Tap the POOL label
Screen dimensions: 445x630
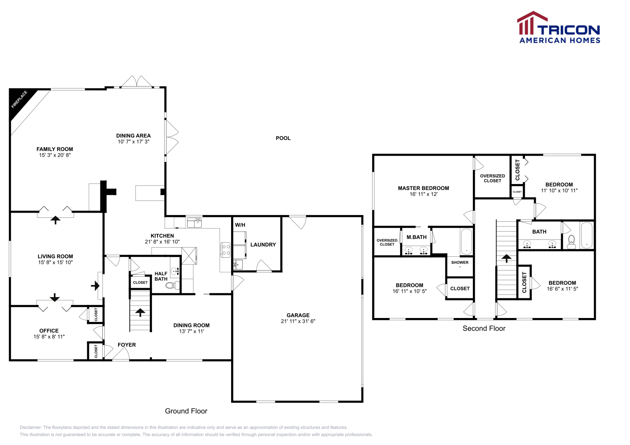[283, 138]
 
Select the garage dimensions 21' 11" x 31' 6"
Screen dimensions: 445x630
[298, 321]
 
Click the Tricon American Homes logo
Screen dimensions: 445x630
[559, 28]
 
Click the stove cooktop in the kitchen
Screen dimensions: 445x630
[226, 250]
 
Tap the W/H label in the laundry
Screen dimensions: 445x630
[240, 225]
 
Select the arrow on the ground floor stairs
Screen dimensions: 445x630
[140, 312]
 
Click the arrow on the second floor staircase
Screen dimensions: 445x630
[506, 258]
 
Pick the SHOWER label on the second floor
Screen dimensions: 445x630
[460, 262]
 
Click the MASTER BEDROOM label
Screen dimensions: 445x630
[423, 188]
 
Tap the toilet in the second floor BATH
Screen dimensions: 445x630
[571, 242]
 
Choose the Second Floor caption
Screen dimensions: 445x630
[484, 328]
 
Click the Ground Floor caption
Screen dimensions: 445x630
[186, 411]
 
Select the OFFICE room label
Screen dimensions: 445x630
[49, 331]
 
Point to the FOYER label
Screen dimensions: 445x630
[127, 345]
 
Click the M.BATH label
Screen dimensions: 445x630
[417, 237]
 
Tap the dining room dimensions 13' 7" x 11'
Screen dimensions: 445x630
[191, 331]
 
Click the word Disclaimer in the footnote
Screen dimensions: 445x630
[31, 427]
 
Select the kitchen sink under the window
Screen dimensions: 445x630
[194, 223]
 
